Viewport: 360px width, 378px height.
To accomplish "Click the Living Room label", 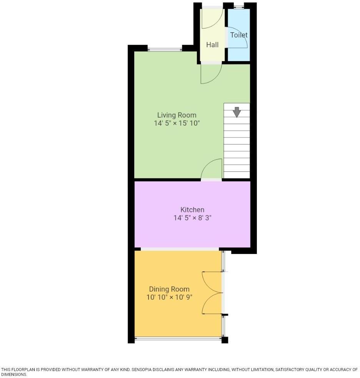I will pyautogui.click(x=177, y=115).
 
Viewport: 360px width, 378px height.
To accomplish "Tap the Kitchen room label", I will pyautogui.click(x=192, y=210).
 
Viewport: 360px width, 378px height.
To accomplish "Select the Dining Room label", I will pyautogui.click(x=169, y=289).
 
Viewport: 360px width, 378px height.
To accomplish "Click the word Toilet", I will pyautogui.click(x=239, y=35).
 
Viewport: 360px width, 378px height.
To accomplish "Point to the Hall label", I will pyautogui.click(x=212, y=45).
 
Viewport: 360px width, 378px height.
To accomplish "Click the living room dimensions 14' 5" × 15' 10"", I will pyautogui.click(x=177, y=123).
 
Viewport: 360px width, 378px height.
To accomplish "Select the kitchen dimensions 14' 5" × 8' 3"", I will pyautogui.click(x=192, y=218).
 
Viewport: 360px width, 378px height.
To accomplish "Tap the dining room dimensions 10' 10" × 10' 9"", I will pyautogui.click(x=169, y=297).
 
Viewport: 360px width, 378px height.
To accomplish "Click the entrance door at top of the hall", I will pyautogui.click(x=213, y=18).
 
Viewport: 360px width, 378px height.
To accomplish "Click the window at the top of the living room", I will pyautogui.click(x=165, y=49).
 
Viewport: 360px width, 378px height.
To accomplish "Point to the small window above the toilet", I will pyautogui.click(x=239, y=7).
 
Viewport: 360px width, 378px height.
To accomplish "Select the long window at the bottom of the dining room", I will pyautogui.click(x=178, y=338).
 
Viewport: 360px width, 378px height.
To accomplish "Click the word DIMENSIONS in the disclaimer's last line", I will pyautogui.click(x=14, y=375).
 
